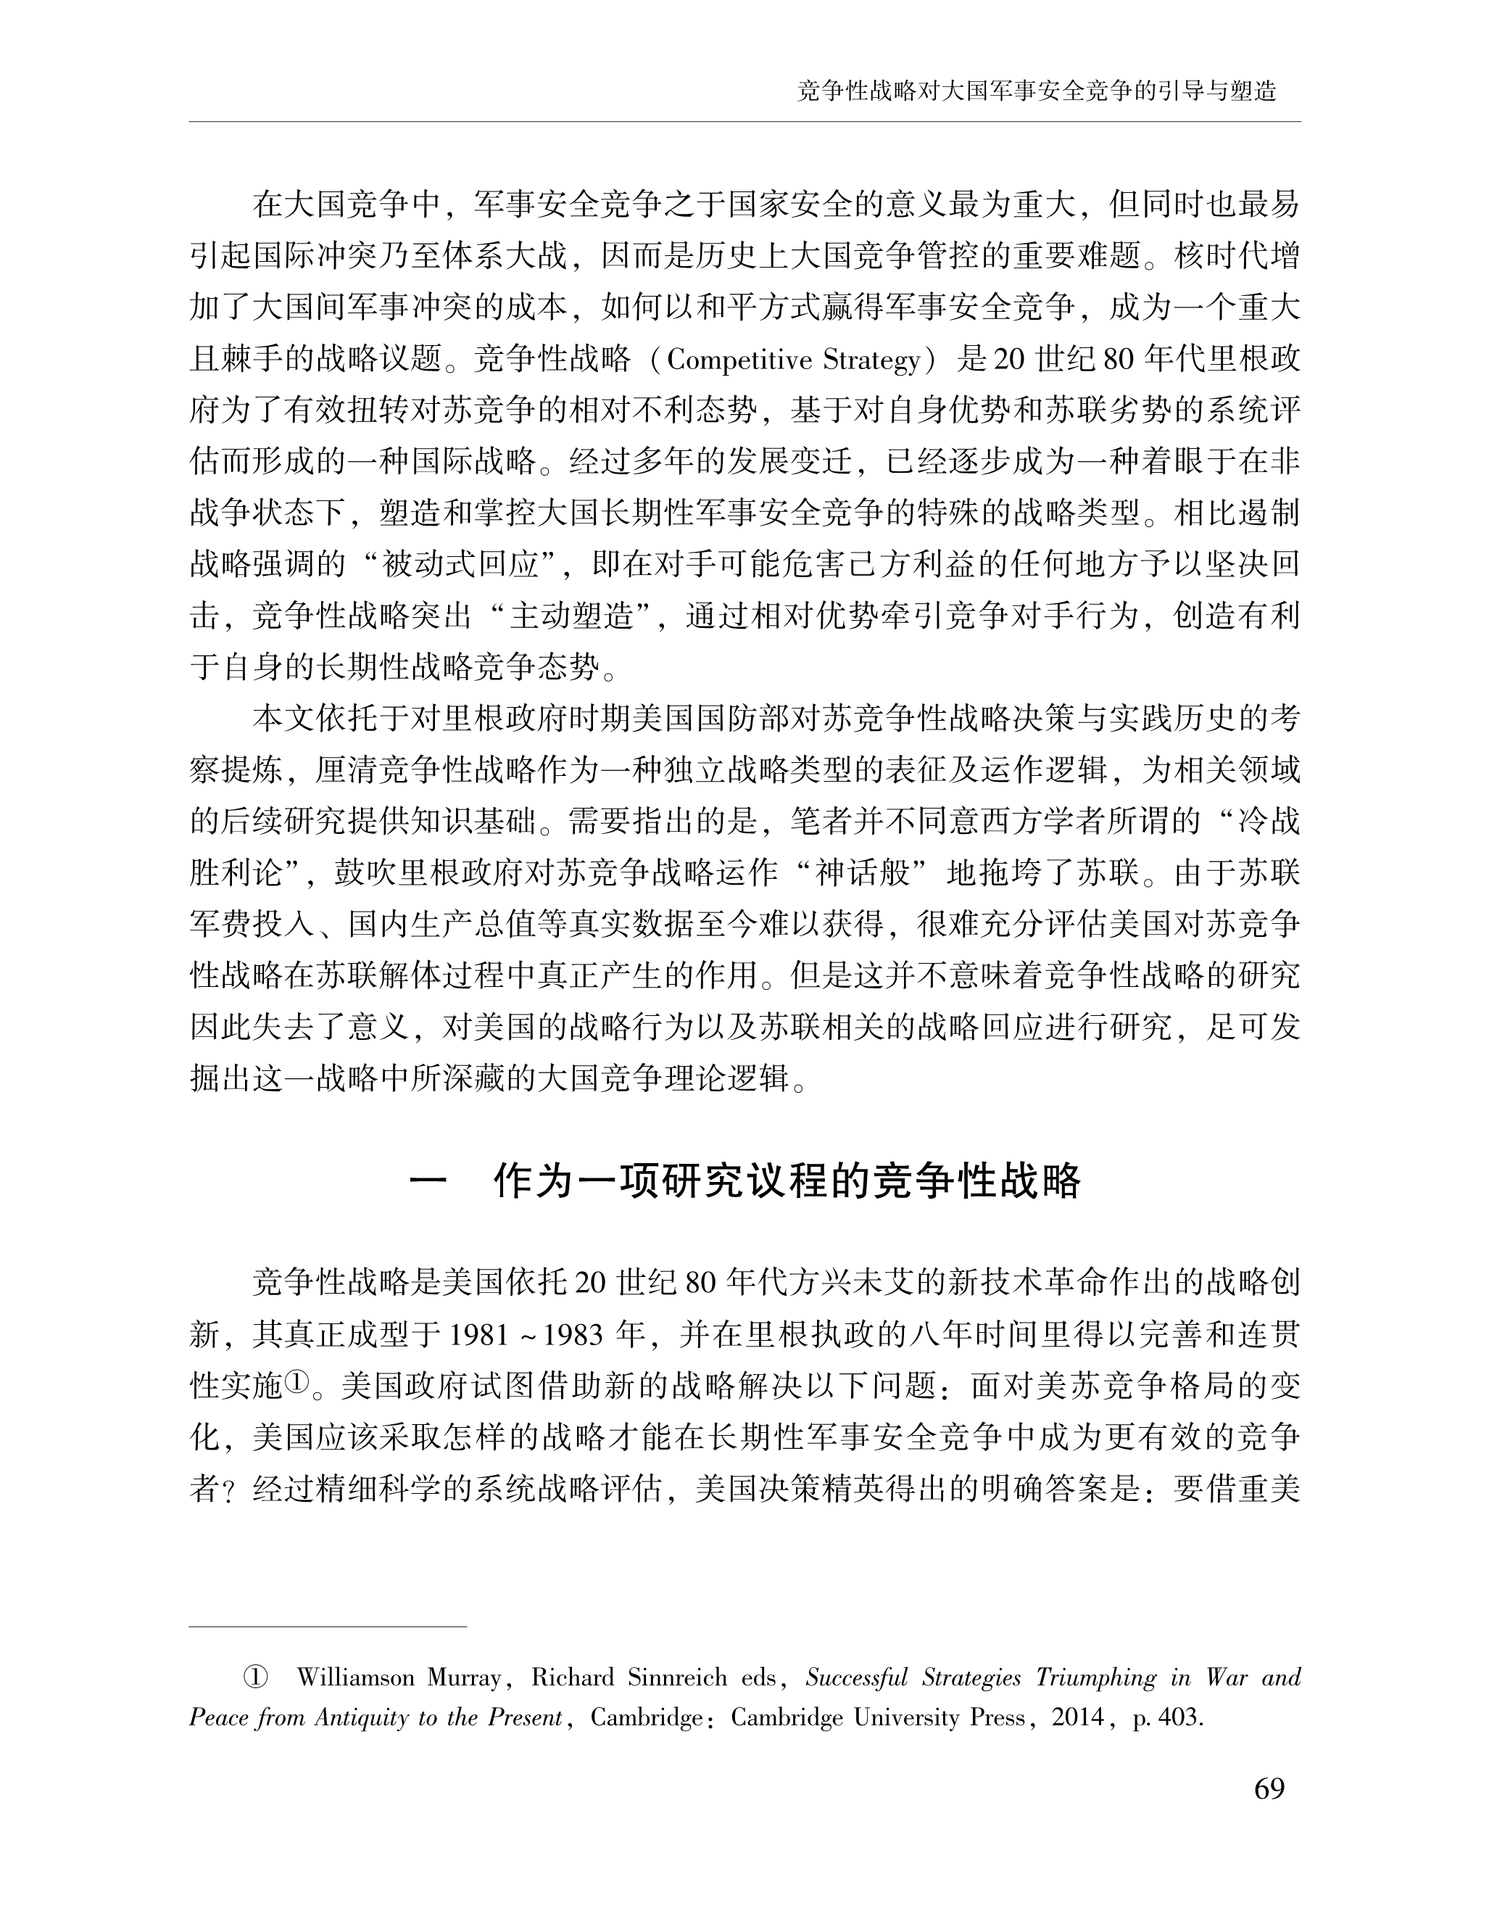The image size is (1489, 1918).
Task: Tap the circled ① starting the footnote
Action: click(254, 1678)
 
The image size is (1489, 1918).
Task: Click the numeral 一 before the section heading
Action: click(428, 1183)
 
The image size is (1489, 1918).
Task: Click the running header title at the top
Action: click(1036, 91)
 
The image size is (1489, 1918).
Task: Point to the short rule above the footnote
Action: click(328, 1627)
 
